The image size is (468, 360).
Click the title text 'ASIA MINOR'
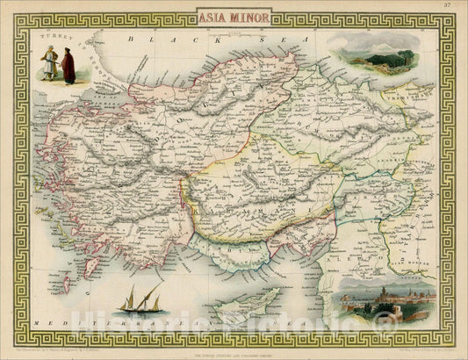click(x=234, y=16)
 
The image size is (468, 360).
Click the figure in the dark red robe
click(x=68, y=65)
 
